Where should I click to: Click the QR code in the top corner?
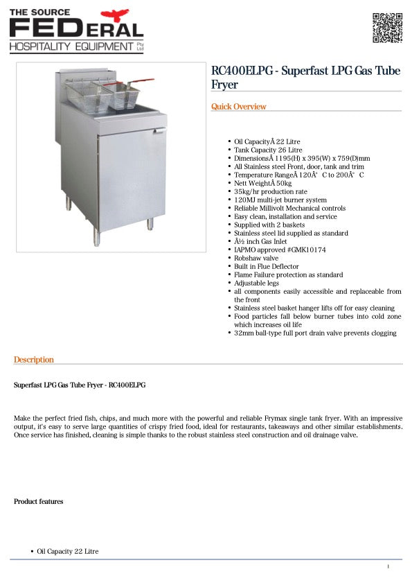pos(387,28)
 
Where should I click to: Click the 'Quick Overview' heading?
pos(238,107)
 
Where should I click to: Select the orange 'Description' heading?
pos(34,360)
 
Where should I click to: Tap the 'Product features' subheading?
pos(38,501)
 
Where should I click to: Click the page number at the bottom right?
pos(388,567)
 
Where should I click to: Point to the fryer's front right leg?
pos(149,225)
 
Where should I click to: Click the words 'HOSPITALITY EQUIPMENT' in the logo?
pos(71,46)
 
